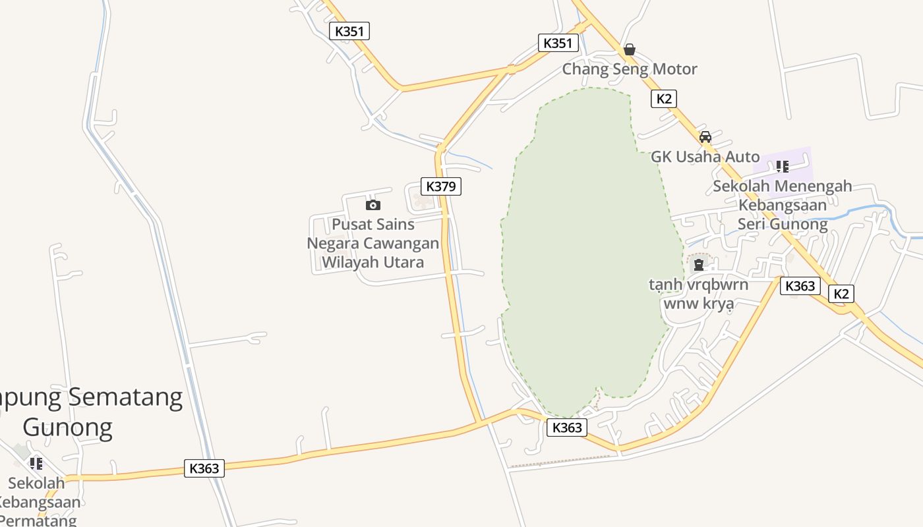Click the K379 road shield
[x=440, y=186]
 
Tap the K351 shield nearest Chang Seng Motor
[x=558, y=43]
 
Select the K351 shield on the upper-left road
[x=349, y=31]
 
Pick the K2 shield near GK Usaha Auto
[x=663, y=99]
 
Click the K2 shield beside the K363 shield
[x=841, y=294]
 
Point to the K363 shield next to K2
[x=800, y=286]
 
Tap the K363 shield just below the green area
[x=566, y=428]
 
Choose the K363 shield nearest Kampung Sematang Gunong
[x=204, y=468]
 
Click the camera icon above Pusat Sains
[x=373, y=205]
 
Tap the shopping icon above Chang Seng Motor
[x=629, y=49]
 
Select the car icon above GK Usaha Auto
[x=705, y=137]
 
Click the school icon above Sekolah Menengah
[x=782, y=166]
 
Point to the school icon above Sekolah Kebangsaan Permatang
[x=36, y=464]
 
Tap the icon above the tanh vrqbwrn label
[x=699, y=265]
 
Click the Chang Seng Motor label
[x=629, y=69]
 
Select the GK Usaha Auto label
[x=705, y=157]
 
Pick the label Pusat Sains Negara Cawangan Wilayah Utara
[x=372, y=243]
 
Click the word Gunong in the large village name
[x=67, y=428]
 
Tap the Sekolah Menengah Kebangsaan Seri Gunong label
[x=782, y=205]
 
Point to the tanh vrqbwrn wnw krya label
[x=698, y=294]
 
